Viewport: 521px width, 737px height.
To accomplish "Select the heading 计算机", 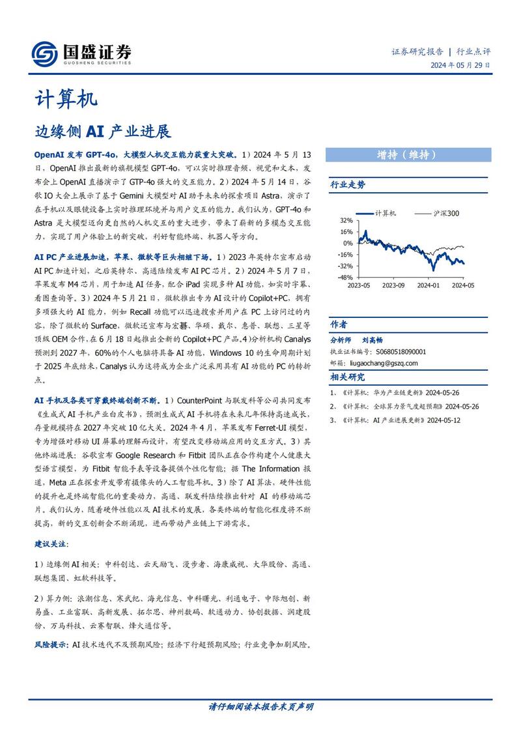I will [x=65, y=99].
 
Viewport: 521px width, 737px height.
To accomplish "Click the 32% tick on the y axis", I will [x=346, y=220].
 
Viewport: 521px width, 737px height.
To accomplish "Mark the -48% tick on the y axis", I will [x=345, y=277].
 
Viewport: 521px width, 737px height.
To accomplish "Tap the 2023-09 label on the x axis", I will [x=393, y=285].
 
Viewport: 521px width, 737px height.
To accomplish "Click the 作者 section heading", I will [x=339, y=325].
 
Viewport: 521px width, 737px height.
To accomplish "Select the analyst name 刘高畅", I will [x=373, y=340].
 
